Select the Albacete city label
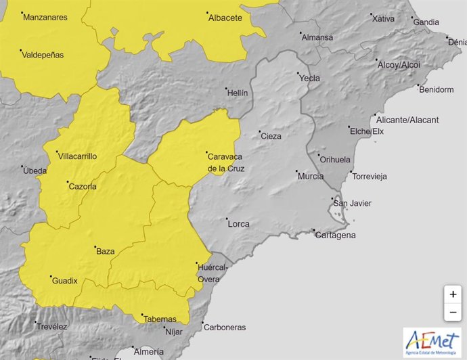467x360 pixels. pos(225,18)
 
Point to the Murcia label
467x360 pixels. pos(310,177)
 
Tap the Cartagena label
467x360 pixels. pos(335,235)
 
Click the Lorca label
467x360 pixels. pos(239,224)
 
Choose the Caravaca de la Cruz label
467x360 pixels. pos(225,162)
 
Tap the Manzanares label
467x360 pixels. pos(45,18)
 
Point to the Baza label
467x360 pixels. pos(106,252)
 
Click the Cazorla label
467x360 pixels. pos(83,187)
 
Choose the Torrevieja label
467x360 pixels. pos(369,177)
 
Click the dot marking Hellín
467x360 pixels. pos(227,88)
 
